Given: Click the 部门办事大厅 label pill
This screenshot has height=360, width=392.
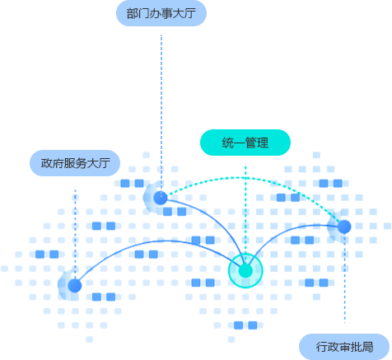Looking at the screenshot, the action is [161, 13].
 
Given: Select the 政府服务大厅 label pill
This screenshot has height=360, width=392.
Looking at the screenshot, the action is [75, 163].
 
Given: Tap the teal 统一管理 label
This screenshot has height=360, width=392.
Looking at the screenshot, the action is [245, 143].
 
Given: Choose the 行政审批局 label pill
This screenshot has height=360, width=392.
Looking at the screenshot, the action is [344, 347].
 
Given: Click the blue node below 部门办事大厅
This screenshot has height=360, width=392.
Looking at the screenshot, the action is [161, 199].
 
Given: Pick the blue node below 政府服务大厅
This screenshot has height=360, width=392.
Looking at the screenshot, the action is [75, 286].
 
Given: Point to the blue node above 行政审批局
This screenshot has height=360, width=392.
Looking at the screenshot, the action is [344, 227].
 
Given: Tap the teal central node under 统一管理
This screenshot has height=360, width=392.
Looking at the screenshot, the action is [245, 271].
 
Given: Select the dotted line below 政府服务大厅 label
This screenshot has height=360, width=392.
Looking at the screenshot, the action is [75, 233].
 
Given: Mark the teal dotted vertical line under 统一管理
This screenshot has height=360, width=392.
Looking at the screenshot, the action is [245, 208].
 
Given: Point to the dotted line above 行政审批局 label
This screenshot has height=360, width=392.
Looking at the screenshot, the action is [344, 278].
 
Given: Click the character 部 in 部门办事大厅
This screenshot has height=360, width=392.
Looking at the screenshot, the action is [132, 13].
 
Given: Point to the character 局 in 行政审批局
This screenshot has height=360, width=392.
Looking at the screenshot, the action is [367, 347].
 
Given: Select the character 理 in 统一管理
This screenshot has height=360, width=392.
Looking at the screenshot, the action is [263, 143].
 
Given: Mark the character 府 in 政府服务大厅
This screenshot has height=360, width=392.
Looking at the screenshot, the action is [58, 163].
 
